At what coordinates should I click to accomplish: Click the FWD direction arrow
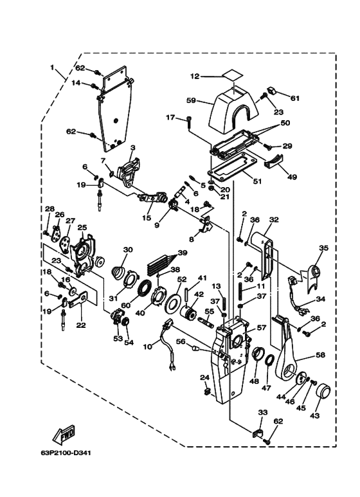click(64, 434)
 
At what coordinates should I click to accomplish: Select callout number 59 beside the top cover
click(192, 101)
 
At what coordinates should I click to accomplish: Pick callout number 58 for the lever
click(320, 355)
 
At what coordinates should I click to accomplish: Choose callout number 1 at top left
click(52, 68)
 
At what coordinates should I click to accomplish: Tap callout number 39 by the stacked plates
click(182, 253)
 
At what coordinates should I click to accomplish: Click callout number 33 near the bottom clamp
click(263, 412)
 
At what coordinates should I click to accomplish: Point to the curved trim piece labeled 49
click(273, 161)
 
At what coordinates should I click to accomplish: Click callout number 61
click(295, 98)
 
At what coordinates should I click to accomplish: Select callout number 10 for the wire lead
click(148, 347)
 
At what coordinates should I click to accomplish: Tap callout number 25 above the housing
click(82, 227)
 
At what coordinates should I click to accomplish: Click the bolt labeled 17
click(189, 123)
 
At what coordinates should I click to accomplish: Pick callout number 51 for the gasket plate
click(257, 181)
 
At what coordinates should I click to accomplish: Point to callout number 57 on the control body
click(262, 327)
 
